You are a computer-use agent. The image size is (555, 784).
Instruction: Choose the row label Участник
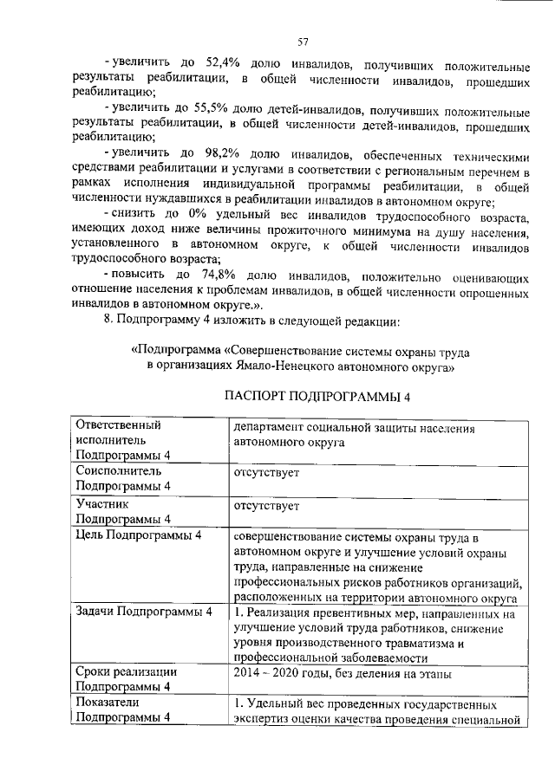pyautogui.click(x=102, y=503)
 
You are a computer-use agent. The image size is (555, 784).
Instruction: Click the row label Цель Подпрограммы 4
pyautogui.click(x=139, y=535)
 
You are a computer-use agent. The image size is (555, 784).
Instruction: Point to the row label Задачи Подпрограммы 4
pyautogui.click(x=144, y=613)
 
